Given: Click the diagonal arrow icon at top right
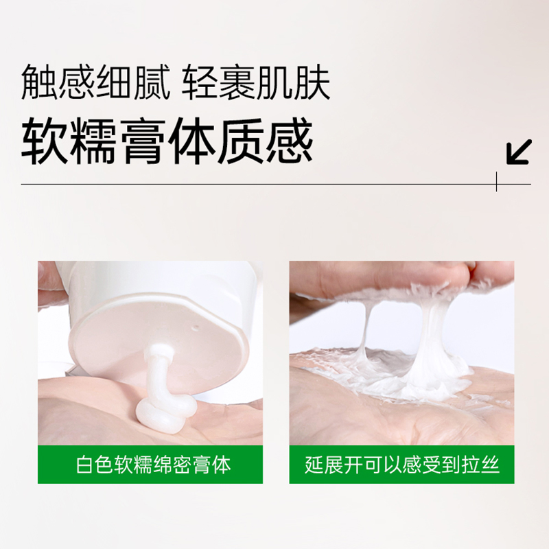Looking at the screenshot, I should tap(519, 152).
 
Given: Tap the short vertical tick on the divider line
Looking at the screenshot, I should tap(496, 181).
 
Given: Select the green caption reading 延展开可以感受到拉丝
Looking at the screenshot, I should tap(401, 465).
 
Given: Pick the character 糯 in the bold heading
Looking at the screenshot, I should tap(94, 142).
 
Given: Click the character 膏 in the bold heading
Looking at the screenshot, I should tap(143, 142).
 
